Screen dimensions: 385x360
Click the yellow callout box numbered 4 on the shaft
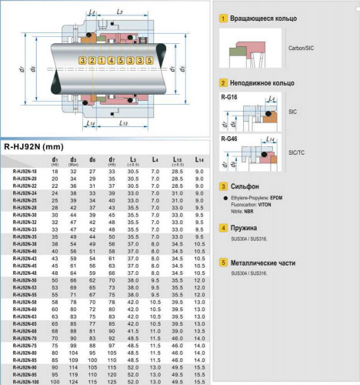pyautogui.click(x=112, y=60)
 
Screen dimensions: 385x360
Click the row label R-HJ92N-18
pyautogui.click(x=25, y=171)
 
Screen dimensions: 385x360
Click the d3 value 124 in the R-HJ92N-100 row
pyautogui.click(x=74, y=380)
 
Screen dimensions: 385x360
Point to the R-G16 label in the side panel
pyautogui.click(x=228, y=98)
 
